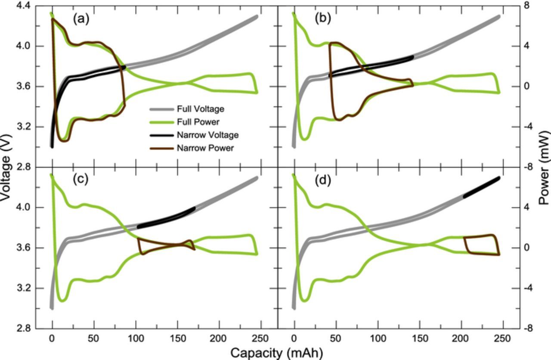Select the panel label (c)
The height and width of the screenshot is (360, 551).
(x=80, y=179)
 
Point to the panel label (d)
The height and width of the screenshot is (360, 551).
(x=323, y=180)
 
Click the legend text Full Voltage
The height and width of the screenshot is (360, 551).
(x=200, y=109)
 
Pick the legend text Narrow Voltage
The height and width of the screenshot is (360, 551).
(x=207, y=135)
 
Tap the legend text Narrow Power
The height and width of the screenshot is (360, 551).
(x=205, y=148)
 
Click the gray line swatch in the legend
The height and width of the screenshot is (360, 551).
(x=161, y=109)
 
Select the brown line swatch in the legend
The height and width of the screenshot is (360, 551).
(x=161, y=148)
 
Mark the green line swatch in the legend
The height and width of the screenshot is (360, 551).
(x=161, y=122)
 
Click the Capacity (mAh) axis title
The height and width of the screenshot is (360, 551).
(x=276, y=353)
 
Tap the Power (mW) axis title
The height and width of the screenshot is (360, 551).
(x=544, y=168)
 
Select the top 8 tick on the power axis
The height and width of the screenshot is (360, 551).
(x=527, y=6)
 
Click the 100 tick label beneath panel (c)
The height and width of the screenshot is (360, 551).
(x=135, y=338)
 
